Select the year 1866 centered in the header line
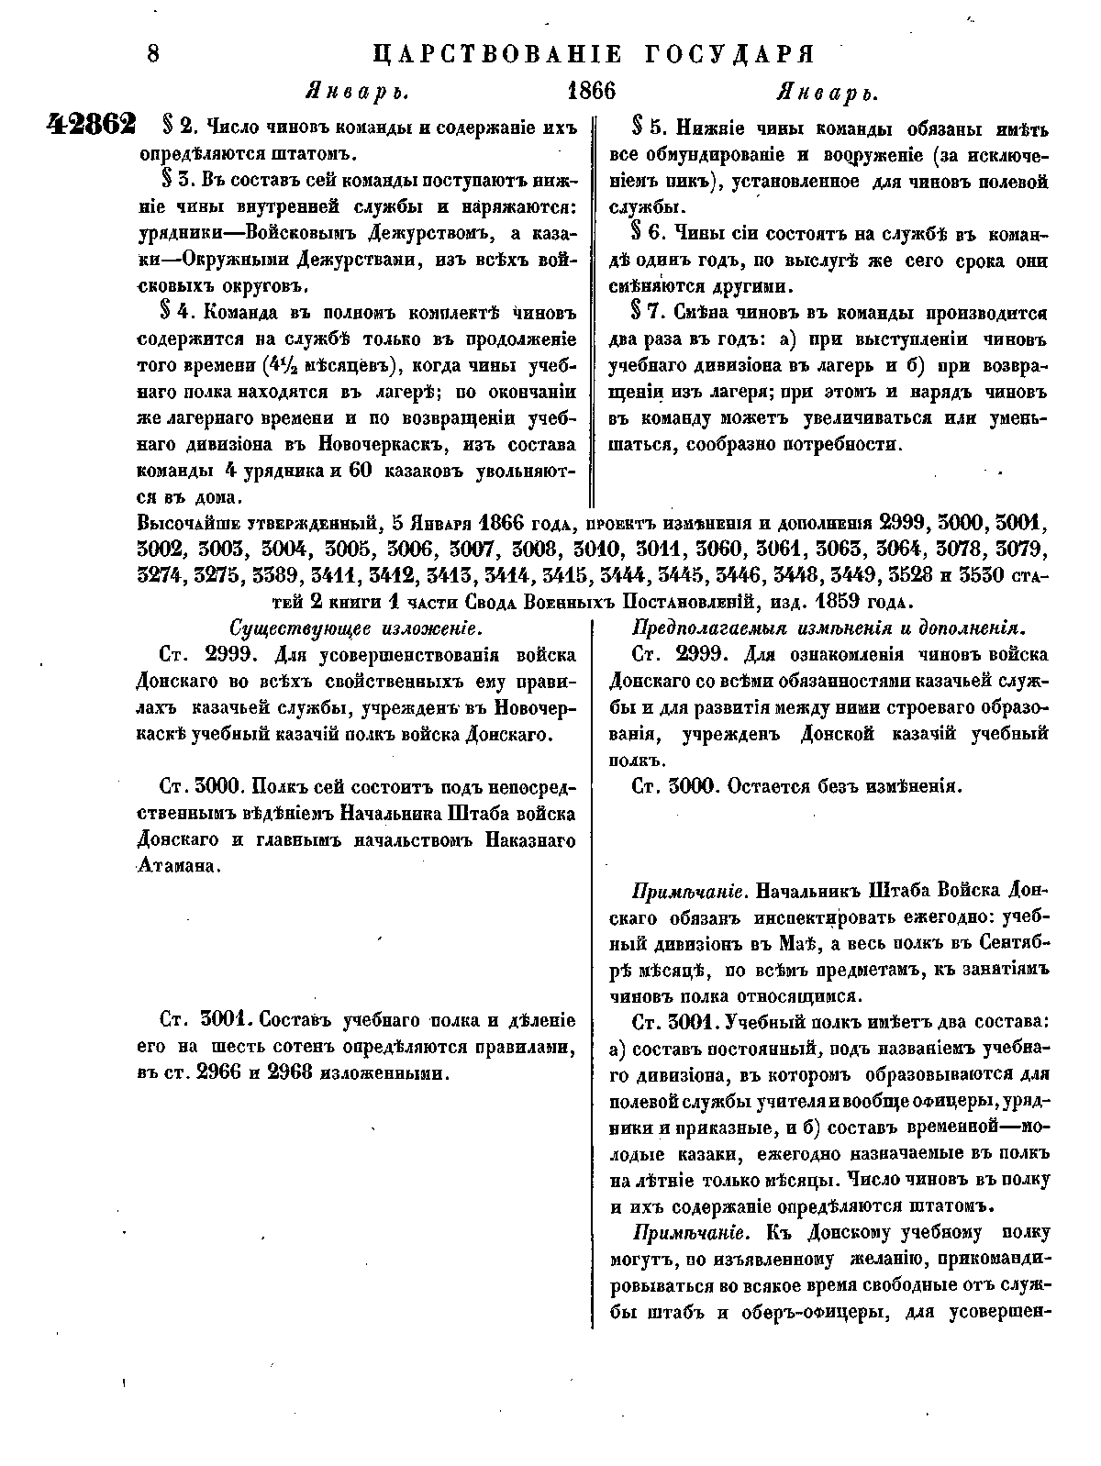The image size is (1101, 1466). (592, 92)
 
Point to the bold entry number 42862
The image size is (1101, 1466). (91, 125)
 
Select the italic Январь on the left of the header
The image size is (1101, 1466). (356, 93)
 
